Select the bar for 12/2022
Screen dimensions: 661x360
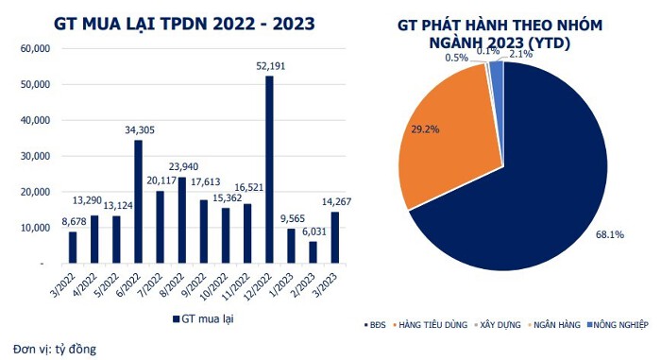[269, 170]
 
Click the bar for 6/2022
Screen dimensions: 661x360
[138, 202]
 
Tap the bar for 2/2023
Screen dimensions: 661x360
[313, 252]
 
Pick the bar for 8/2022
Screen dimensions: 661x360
[182, 220]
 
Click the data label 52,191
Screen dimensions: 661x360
[271, 66]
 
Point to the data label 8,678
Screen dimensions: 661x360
[74, 221]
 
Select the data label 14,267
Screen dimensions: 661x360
[336, 202]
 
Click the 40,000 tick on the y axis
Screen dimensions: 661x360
[36, 120]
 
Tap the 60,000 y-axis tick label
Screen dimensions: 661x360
[36, 48]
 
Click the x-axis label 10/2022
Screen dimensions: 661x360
[214, 287]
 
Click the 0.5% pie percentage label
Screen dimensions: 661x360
[456, 58]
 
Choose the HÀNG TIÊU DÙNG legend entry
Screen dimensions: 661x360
[430, 325]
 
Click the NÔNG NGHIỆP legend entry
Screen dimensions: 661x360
[618, 325]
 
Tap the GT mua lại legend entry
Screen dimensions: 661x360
[203, 318]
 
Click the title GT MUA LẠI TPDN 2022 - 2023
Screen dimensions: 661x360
[184, 24]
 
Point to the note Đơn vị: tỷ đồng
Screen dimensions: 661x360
[55, 350]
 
